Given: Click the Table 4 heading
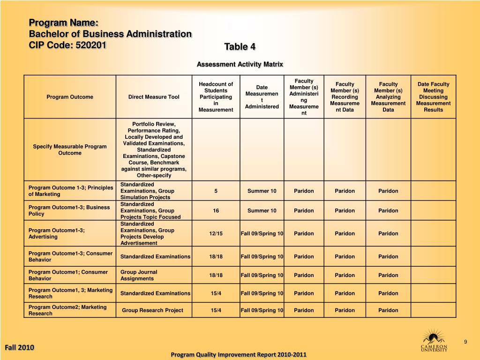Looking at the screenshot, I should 240,46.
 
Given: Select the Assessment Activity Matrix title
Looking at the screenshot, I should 240,64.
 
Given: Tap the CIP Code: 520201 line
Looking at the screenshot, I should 68,45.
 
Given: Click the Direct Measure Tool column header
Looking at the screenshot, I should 154,97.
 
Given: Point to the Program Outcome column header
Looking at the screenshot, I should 70,97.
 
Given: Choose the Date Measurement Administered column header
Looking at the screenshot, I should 262,97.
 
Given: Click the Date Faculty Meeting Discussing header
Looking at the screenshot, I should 433,97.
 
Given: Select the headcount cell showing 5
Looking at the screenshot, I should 216,191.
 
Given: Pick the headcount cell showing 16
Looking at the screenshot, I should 216,210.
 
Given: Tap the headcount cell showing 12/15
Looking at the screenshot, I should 216,233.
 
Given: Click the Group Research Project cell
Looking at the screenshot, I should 153,310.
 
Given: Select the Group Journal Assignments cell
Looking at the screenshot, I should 139,275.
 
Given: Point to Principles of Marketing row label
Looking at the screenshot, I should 70,191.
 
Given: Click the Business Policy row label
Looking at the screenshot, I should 69,210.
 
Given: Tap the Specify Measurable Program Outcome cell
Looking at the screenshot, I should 70,150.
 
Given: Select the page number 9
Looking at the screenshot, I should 465,341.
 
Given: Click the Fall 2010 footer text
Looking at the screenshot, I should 19,347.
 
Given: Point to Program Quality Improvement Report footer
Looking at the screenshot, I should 239,354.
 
